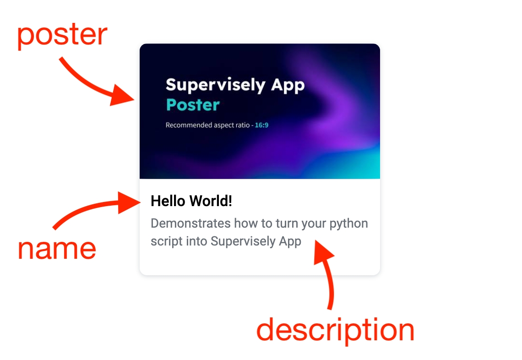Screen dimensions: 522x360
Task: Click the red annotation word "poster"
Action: click(62, 35)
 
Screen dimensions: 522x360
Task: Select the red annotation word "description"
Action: click(335, 330)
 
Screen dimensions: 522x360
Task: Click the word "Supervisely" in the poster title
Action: click(215, 85)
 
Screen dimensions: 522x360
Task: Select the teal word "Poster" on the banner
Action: click(193, 105)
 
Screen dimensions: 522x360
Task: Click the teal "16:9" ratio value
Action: click(261, 125)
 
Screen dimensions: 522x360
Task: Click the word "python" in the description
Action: click(348, 224)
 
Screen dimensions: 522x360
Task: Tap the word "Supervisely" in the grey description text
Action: click(243, 241)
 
